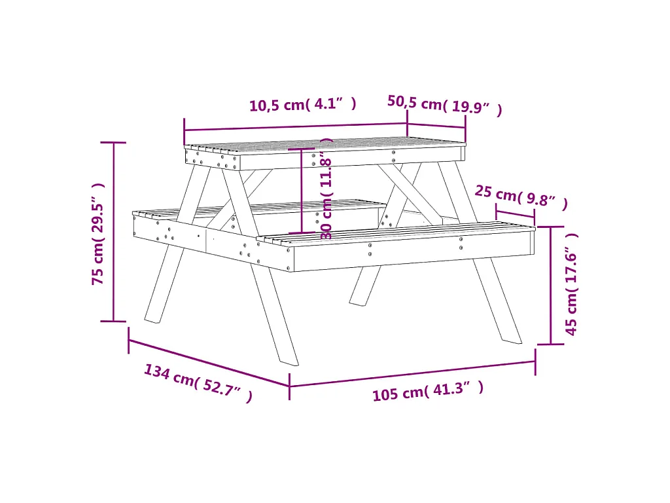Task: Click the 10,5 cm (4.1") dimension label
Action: point(303,105)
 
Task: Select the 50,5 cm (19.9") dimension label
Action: point(445,105)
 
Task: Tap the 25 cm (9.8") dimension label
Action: point(521,197)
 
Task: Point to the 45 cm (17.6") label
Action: point(572,284)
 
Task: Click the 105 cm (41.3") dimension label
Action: point(428,392)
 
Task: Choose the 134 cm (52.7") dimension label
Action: point(198,383)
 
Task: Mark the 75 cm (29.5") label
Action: point(97,233)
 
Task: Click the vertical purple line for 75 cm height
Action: point(115,232)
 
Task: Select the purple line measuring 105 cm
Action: point(412,373)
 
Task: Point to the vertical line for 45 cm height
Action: point(551,285)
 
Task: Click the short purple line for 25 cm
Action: point(515,214)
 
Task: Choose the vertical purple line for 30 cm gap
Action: point(301,190)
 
